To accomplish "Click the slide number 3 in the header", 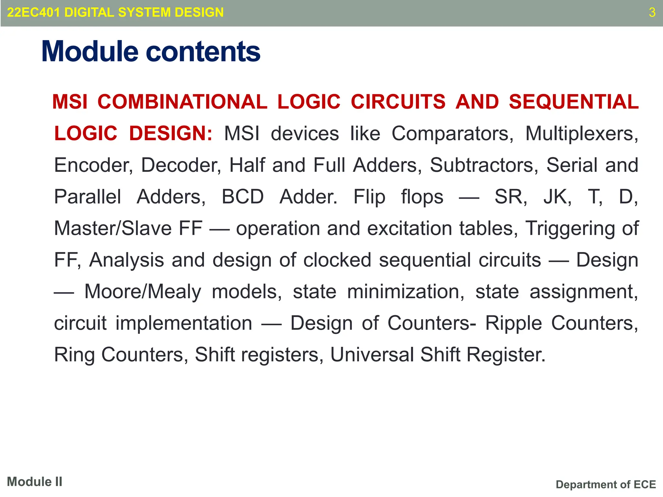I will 652,13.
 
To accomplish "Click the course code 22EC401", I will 33,13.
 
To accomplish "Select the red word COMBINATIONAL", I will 182,102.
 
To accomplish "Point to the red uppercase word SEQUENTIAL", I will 574,102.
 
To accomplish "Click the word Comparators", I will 452,133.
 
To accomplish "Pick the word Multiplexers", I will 582,133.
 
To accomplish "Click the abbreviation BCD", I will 242,196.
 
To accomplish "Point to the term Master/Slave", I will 113,228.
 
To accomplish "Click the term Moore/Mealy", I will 143,292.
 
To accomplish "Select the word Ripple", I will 513,323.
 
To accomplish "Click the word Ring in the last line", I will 74,355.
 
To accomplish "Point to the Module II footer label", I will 35,482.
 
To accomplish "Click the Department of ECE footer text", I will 606,484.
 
